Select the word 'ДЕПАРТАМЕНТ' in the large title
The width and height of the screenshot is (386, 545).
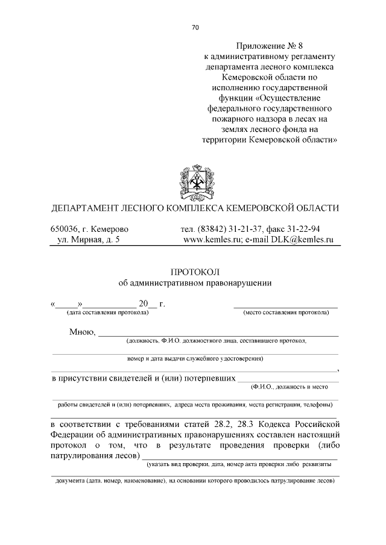tap(87, 208)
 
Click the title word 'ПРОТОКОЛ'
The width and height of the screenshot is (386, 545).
tap(195, 271)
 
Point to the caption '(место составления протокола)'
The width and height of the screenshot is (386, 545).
tap(285, 313)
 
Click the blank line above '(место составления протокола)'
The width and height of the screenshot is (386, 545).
tap(285, 306)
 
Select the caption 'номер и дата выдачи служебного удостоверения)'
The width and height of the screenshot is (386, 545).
tap(195, 359)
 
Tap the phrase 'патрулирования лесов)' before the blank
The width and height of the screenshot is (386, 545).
tap(95, 455)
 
